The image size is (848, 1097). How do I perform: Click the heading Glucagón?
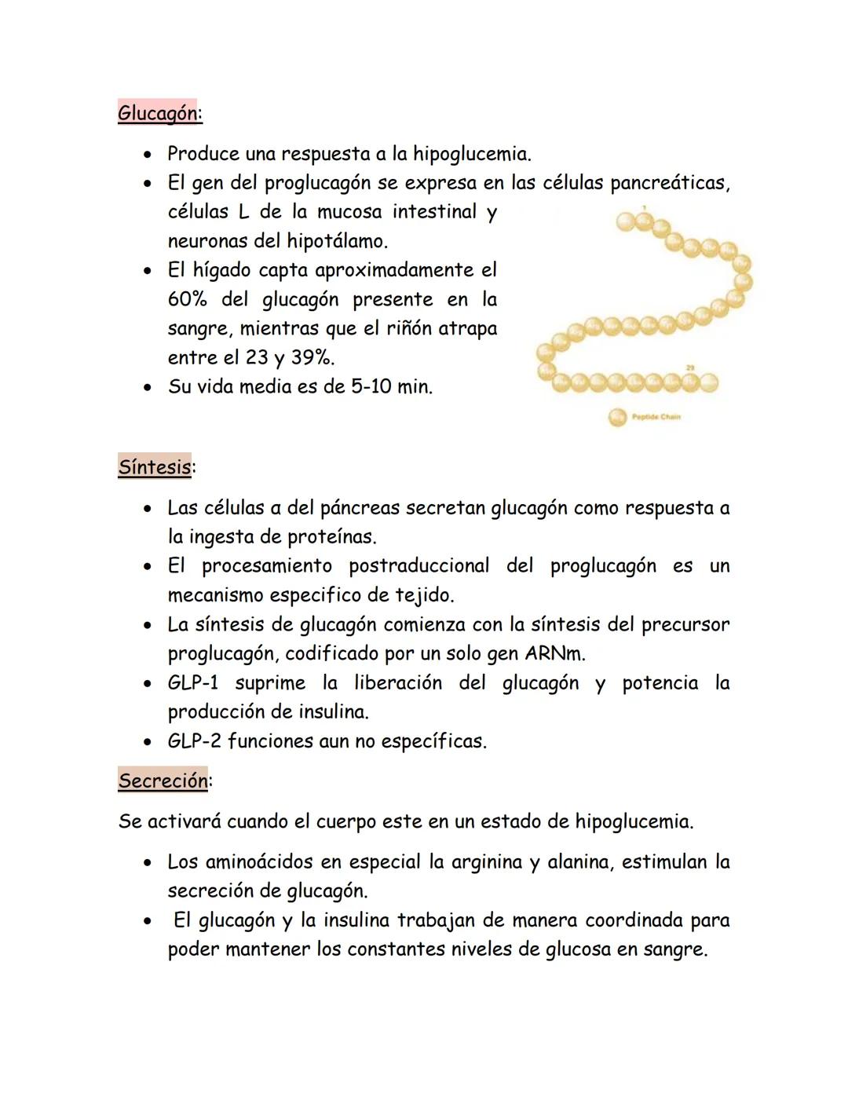(x=159, y=113)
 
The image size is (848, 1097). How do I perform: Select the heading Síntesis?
(x=155, y=467)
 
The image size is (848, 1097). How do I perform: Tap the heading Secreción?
(x=163, y=781)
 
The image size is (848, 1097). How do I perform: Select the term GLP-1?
(x=192, y=682)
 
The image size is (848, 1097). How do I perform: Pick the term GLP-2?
(x=194, y=740)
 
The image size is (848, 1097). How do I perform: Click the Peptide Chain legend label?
(x=656, y=417)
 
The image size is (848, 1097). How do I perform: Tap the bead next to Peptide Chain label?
(x=617, y=417)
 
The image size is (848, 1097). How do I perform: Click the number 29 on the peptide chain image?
(x=689, y=367)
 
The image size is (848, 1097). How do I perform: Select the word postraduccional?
(x=419, y=565)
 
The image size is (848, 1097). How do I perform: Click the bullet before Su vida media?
(x=147, y=387)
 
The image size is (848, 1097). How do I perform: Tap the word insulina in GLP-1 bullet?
(x=333, y=711)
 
